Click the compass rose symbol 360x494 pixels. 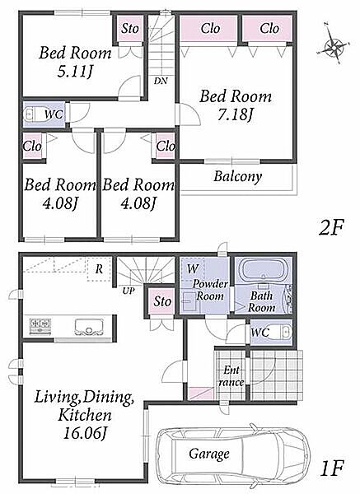point(334,47)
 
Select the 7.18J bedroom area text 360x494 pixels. point(236,115)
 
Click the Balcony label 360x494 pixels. point(238,176)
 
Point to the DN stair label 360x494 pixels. point(161,81)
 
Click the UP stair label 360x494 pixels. point(129,291)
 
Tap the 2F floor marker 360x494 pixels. point(330,227)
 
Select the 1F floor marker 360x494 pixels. point(332,468)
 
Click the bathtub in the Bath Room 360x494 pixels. point(264,270)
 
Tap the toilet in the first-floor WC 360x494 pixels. point(282,332)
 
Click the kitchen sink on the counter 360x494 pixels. point(89,327)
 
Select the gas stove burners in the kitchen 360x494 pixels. point(40,326)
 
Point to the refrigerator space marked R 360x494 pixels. point(99,268)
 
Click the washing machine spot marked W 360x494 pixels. point(193,269)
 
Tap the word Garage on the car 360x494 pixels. point(209,454)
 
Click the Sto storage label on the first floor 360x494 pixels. point(162,301)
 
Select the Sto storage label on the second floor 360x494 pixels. point(130,29)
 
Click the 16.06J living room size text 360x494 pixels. point(84,434)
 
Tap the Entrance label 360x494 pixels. point(231,376)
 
